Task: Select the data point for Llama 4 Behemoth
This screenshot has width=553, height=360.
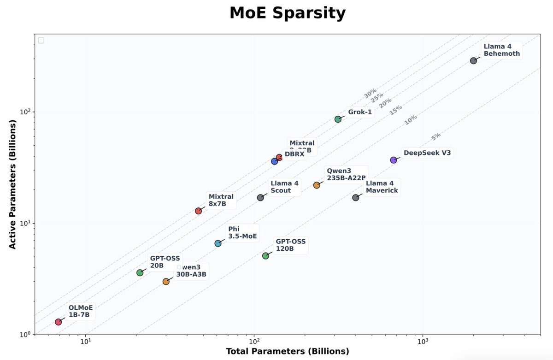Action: (x=473, y=60)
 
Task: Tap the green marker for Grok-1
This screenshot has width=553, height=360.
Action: (x=338, y=119)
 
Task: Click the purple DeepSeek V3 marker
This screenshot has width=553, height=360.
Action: (x=394, y=160)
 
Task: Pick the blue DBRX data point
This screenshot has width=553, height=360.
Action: (x=275, y=161)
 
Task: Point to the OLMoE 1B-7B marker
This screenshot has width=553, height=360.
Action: (x=59, y=322)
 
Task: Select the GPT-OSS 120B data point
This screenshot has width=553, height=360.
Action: (x=265, y=256)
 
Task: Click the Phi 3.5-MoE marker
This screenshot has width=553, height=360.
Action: (x=218, y=243)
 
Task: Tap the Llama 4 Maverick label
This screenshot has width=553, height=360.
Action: (x=382, y=187)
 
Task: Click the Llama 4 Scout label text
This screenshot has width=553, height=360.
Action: (x=284, y=187)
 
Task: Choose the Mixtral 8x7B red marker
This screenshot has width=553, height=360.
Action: (x=199, y=211)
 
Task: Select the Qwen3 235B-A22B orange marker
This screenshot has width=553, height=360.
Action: (x=317, y=185)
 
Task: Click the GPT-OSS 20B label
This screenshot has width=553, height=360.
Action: (x=165, y=262)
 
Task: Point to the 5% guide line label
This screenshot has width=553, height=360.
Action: (x=436, y=136)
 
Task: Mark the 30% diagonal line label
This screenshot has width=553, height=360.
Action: (x=370, y=94)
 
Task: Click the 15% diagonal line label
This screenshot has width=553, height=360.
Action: (x=395, y=110)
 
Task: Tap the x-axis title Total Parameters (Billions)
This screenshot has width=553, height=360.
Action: (x=287, y=351)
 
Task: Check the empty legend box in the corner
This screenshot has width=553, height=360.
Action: (x=41, y=40)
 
